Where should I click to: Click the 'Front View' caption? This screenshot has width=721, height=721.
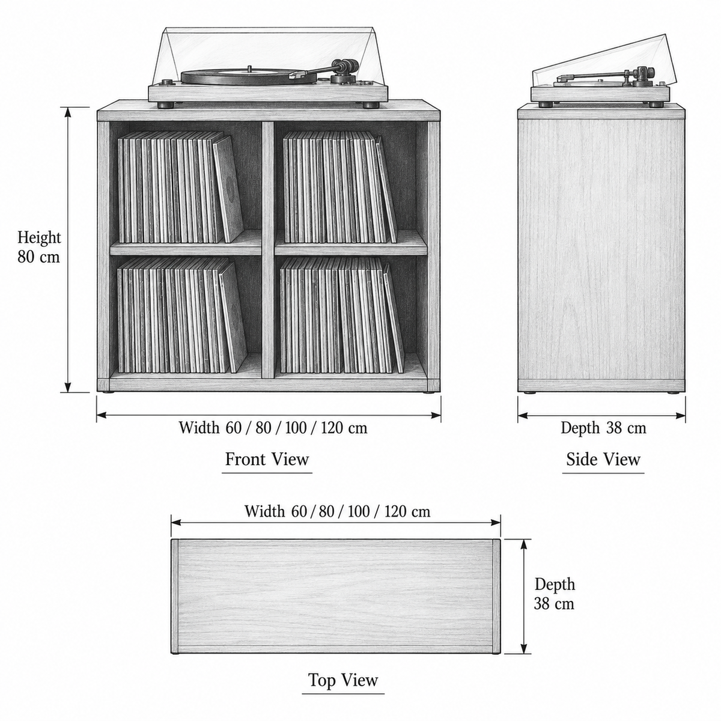click(x=267, y=460)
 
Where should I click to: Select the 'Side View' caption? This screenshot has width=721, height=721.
click(x=603, y=460)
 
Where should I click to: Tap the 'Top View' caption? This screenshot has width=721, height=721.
click(x=343, y=680)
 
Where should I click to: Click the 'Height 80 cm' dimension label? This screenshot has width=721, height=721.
click(x=39, y=248)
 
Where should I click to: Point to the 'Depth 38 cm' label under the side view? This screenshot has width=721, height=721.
click(x=603, y=428)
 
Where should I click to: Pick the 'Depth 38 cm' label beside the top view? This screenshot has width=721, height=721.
click(x=554, y=594)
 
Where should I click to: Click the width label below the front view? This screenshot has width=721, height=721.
click(x=273, y=428)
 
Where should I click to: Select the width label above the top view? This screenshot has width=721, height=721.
click(x=338, y=511)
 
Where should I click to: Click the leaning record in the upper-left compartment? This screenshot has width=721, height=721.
click(x=228, y=189)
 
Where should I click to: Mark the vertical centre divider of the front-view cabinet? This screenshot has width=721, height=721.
click(x=268, y=250)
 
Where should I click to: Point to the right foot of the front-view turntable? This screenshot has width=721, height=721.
click(x=370, y=105)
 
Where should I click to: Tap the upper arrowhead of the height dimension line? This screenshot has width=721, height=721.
click(x=68, y=112)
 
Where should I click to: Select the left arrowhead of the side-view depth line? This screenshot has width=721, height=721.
click(x=523, y=415)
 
